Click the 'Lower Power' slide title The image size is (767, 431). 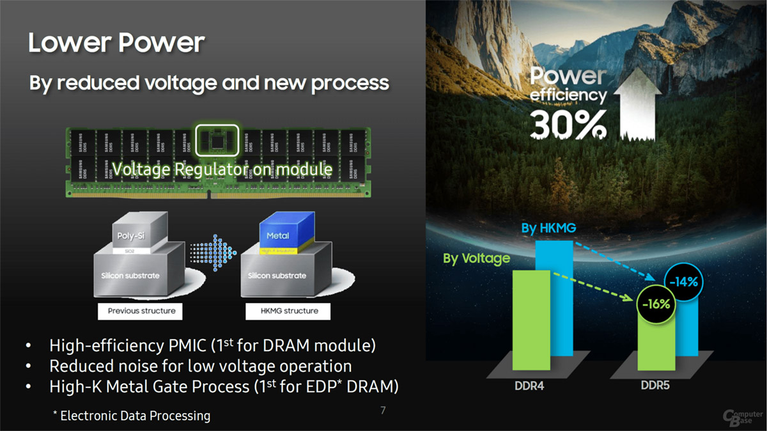tap(116, 43)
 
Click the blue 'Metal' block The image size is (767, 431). tap(278, 235)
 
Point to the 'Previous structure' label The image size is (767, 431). tap(141, 311)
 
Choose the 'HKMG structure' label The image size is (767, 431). tap(281, 311)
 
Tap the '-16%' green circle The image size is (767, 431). tap(656, 304)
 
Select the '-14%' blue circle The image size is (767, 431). tap(684, 281)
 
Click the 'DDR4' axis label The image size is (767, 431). tap(529, 386)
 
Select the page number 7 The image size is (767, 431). tap(383, 410)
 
